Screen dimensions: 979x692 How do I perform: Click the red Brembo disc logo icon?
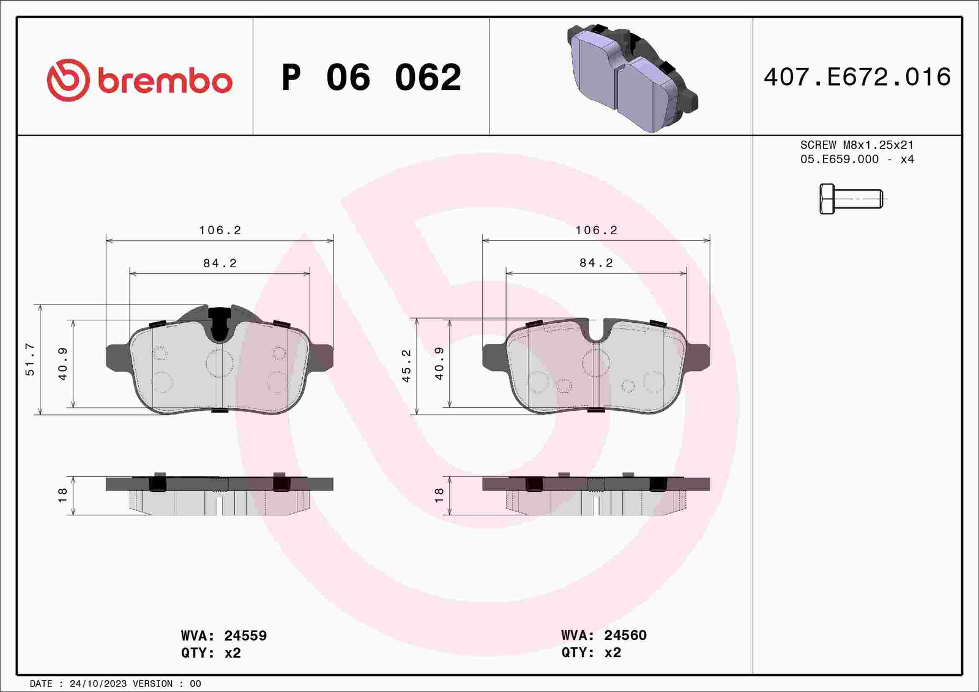pyautogui.click(x=68, y=80)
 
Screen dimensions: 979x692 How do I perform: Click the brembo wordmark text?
pyautogui.click(x=165, y=80)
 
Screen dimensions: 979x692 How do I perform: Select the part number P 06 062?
pyautogui.click(x=371, y=77)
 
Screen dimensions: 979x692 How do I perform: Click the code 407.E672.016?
pyautogui.click(x=857, y=77)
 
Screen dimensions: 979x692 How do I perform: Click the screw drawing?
pyautogui.click(x=853, y=199)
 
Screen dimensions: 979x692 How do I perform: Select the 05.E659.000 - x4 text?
pyautogui.click(x=857, y=160)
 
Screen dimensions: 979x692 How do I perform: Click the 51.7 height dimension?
pyautogui.click(x=30, y=359)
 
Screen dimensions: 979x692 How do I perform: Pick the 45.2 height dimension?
pyautogui.click(x=406, y=366)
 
